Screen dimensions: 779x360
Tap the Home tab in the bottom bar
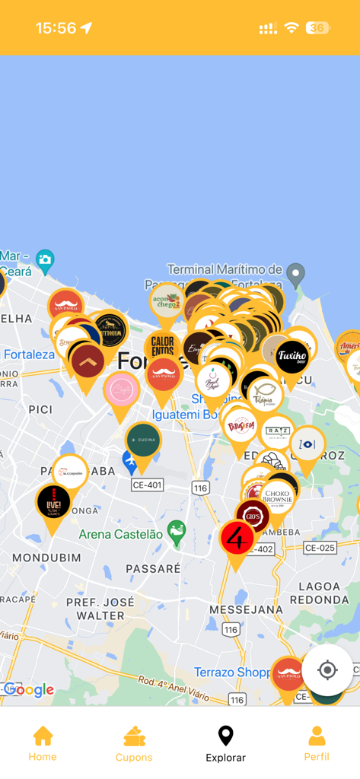point(43,743)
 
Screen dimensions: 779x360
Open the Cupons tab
point(134,743)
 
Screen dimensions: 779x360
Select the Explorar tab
point(225,743)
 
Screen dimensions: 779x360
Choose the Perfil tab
point(317,743)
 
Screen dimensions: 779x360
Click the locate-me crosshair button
point(327,670)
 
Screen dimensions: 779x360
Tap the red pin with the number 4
point(236,539)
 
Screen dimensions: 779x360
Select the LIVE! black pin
point(53,502)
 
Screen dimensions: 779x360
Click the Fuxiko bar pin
point(292,356)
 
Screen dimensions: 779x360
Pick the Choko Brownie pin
point(278,497)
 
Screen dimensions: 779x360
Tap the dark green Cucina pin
point(143,440)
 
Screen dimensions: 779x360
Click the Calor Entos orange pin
point(162,347)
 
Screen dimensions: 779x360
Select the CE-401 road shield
point(147,485)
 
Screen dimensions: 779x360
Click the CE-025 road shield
point(320,547)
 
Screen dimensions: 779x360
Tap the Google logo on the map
point(29,690)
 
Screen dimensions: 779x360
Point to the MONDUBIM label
point(36,558)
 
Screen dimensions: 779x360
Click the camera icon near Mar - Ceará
point(45,259)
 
